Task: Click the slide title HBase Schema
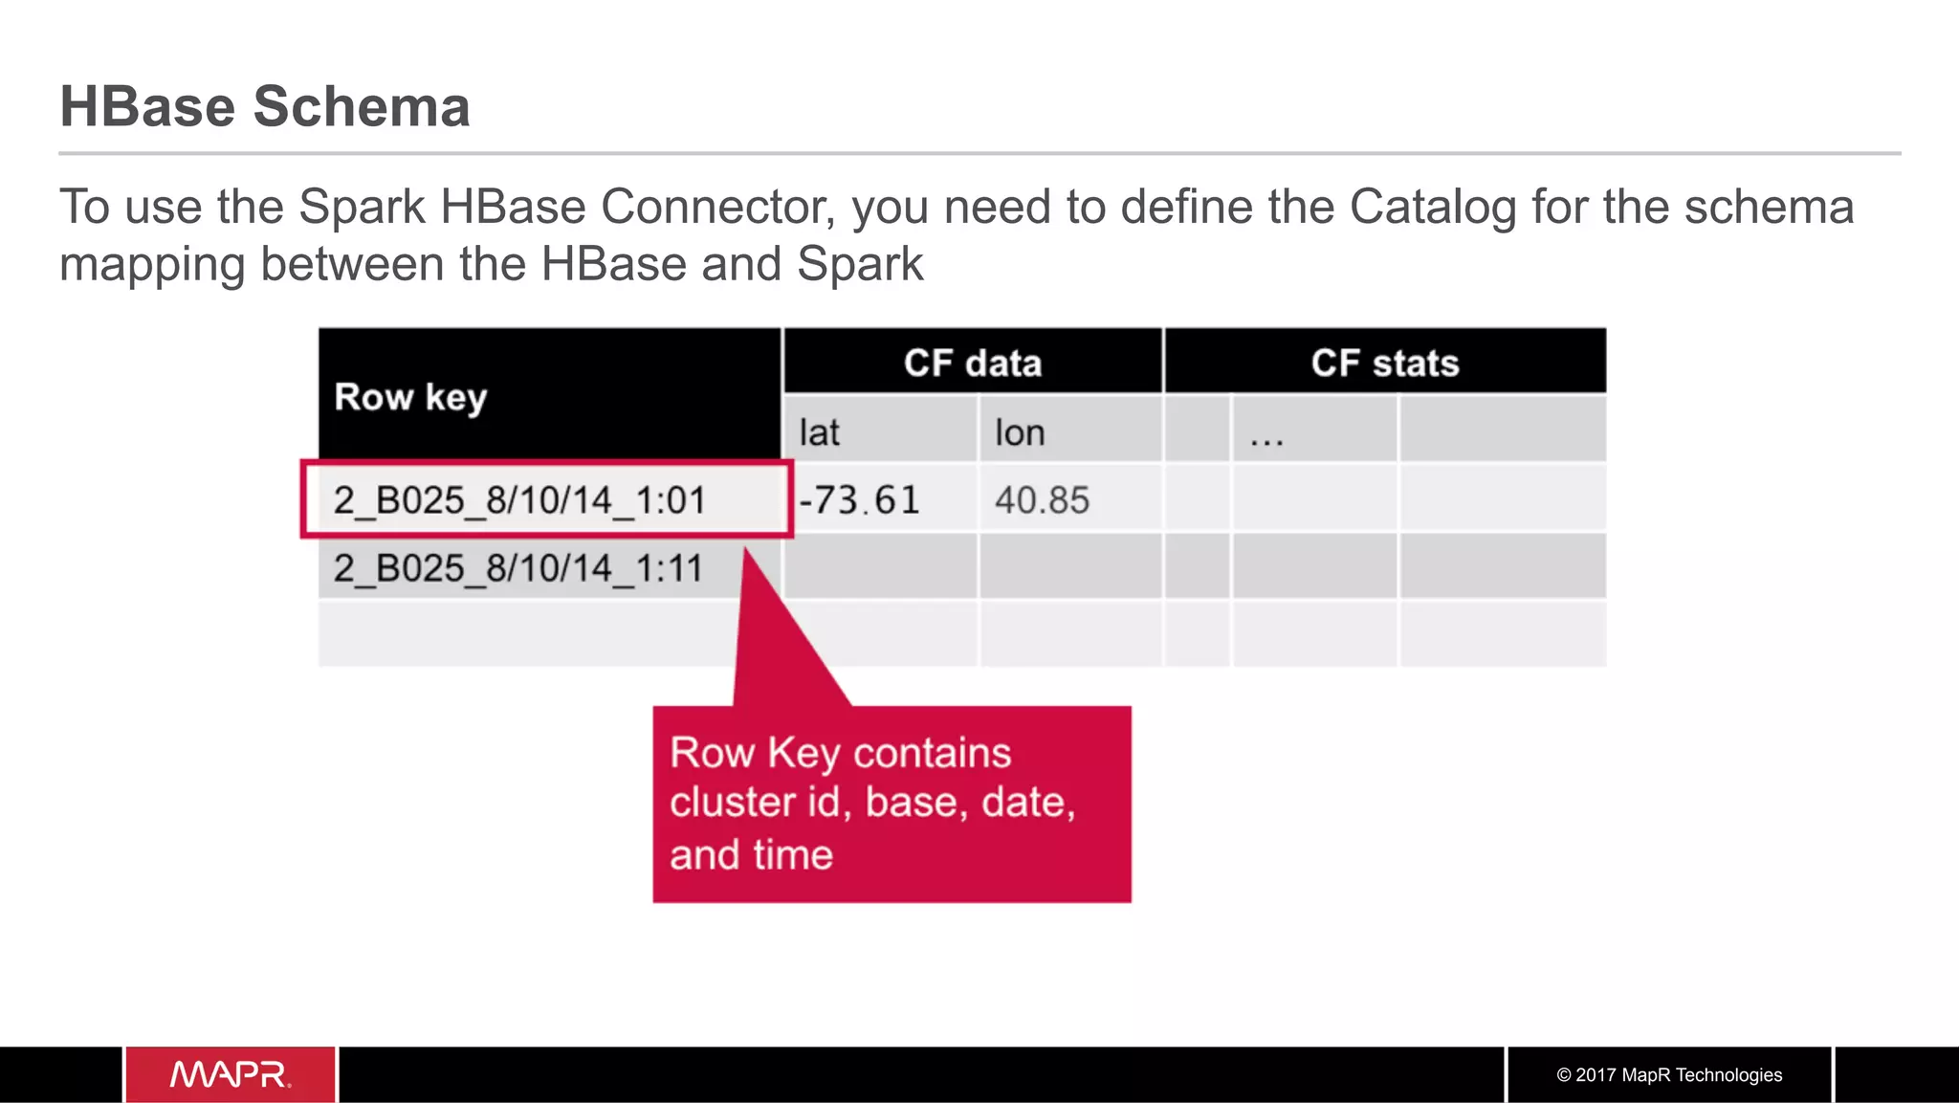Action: pos(265,106)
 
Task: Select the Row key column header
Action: pos(410,396)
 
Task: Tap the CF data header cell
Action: pos(972,364)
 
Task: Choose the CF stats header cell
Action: pos(1384,364)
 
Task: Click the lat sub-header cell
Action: pos(820,432)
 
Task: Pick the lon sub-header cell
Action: pos(1020,432)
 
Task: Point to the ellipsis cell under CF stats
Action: pos(1266,436)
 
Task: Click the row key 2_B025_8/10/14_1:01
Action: pos(519,499)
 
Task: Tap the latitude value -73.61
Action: pos(859,499)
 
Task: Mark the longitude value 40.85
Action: pos(1042,499)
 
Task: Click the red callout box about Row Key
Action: pos(891,804)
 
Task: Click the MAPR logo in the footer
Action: pos(231,1074)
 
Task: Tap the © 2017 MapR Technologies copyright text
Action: pos(1669,1074)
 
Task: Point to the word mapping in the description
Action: pos(152,264)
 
